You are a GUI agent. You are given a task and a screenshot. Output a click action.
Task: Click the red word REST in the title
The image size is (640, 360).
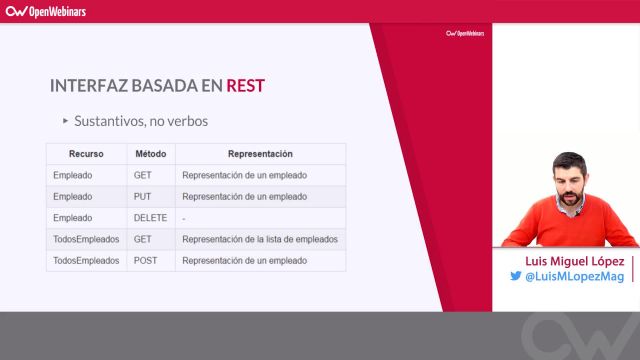point(245,85)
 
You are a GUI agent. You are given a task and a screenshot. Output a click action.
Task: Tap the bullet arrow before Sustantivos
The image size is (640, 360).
point(65,121)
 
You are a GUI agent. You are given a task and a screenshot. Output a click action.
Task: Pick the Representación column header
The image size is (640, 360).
point(260,154)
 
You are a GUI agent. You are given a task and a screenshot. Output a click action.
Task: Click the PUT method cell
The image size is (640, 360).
point(142,196)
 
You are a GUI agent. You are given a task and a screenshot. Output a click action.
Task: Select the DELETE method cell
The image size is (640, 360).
point(149,217)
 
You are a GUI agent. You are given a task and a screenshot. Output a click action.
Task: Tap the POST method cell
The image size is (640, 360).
point(145,260)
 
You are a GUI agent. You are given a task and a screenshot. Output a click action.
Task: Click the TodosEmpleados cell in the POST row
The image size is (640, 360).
point(86,260)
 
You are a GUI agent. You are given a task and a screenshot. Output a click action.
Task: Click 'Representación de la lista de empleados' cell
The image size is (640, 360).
point(260,239)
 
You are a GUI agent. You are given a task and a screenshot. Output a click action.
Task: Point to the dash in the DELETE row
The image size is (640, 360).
point(184,217)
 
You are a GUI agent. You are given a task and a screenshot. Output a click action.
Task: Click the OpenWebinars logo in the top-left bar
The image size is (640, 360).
point(47,11)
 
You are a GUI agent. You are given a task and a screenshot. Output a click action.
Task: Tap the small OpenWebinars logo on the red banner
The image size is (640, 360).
point(465,33)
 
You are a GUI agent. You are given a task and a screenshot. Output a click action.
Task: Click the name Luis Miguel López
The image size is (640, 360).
point(567,260)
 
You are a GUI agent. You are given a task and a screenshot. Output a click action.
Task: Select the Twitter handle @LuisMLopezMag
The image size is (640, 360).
point(575,277)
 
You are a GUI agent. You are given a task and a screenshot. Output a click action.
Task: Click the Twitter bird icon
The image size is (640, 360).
point(517,277)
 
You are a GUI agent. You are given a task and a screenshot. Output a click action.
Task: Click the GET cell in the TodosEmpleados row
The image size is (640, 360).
point(142,239)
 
